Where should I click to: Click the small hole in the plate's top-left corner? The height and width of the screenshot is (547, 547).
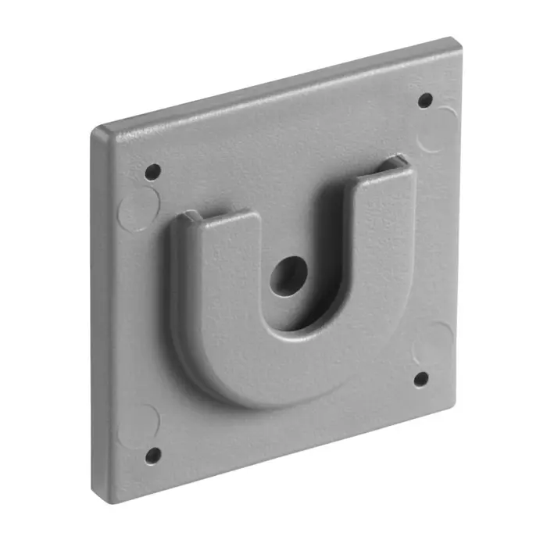coord(153,171)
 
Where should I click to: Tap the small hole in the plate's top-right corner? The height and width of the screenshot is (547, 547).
coord(425,100)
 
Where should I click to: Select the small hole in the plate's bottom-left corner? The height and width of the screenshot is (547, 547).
coord(153,454)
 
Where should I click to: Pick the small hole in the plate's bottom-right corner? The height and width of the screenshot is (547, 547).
coord(420,379)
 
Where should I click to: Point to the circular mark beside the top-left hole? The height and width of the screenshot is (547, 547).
coord(138,209)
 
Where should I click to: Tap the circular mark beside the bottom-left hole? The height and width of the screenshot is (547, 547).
coord(138,424)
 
